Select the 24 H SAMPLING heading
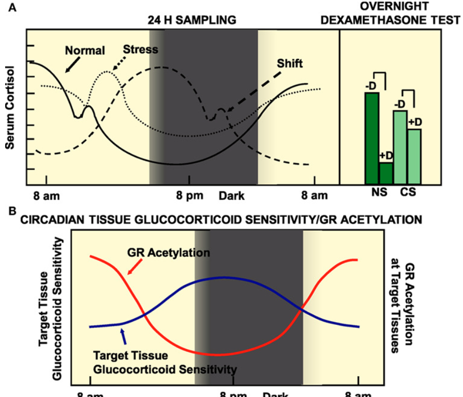(x=191, y=20)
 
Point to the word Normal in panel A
(x=85, y=51)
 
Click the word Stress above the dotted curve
(x=141, y=50)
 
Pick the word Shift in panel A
(x=290, y=64)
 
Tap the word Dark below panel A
(x=231, y=195)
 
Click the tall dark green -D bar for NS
(x=372, y=138)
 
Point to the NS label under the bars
(x=379, y=194)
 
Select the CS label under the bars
(x=407, y=194)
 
